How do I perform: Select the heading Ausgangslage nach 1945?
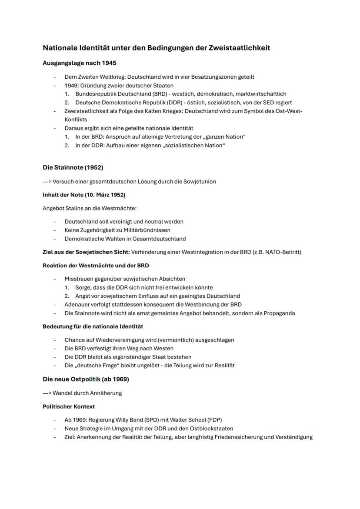coord(79,63)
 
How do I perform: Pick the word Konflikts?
coord(76,120)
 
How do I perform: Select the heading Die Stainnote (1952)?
coord(73,167)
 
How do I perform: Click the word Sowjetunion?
coord(200,182)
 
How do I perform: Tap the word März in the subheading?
coord(101,194)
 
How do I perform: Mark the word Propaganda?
coord(279,313)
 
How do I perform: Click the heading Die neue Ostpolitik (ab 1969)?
coord(86,379)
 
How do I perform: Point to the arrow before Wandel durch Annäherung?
coord(47,393)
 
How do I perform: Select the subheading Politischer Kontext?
coord(69,407)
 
